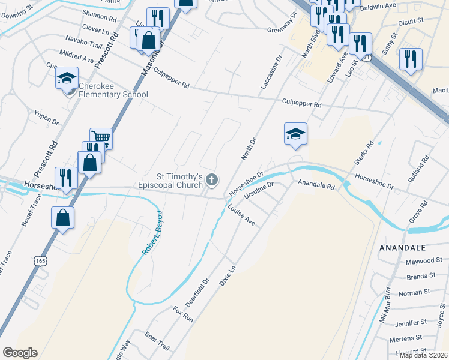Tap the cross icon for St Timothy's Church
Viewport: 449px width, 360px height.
211,179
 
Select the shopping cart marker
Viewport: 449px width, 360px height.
101,138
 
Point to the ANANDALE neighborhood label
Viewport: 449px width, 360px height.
402,247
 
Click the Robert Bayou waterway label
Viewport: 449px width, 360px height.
152,233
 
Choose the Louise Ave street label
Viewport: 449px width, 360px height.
241,214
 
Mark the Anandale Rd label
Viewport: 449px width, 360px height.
316,185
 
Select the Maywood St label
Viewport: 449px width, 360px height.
423,261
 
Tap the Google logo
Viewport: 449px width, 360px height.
19,353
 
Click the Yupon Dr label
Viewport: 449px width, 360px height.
46,117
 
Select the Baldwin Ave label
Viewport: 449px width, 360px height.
382,5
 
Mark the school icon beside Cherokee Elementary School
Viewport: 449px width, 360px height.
67,78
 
